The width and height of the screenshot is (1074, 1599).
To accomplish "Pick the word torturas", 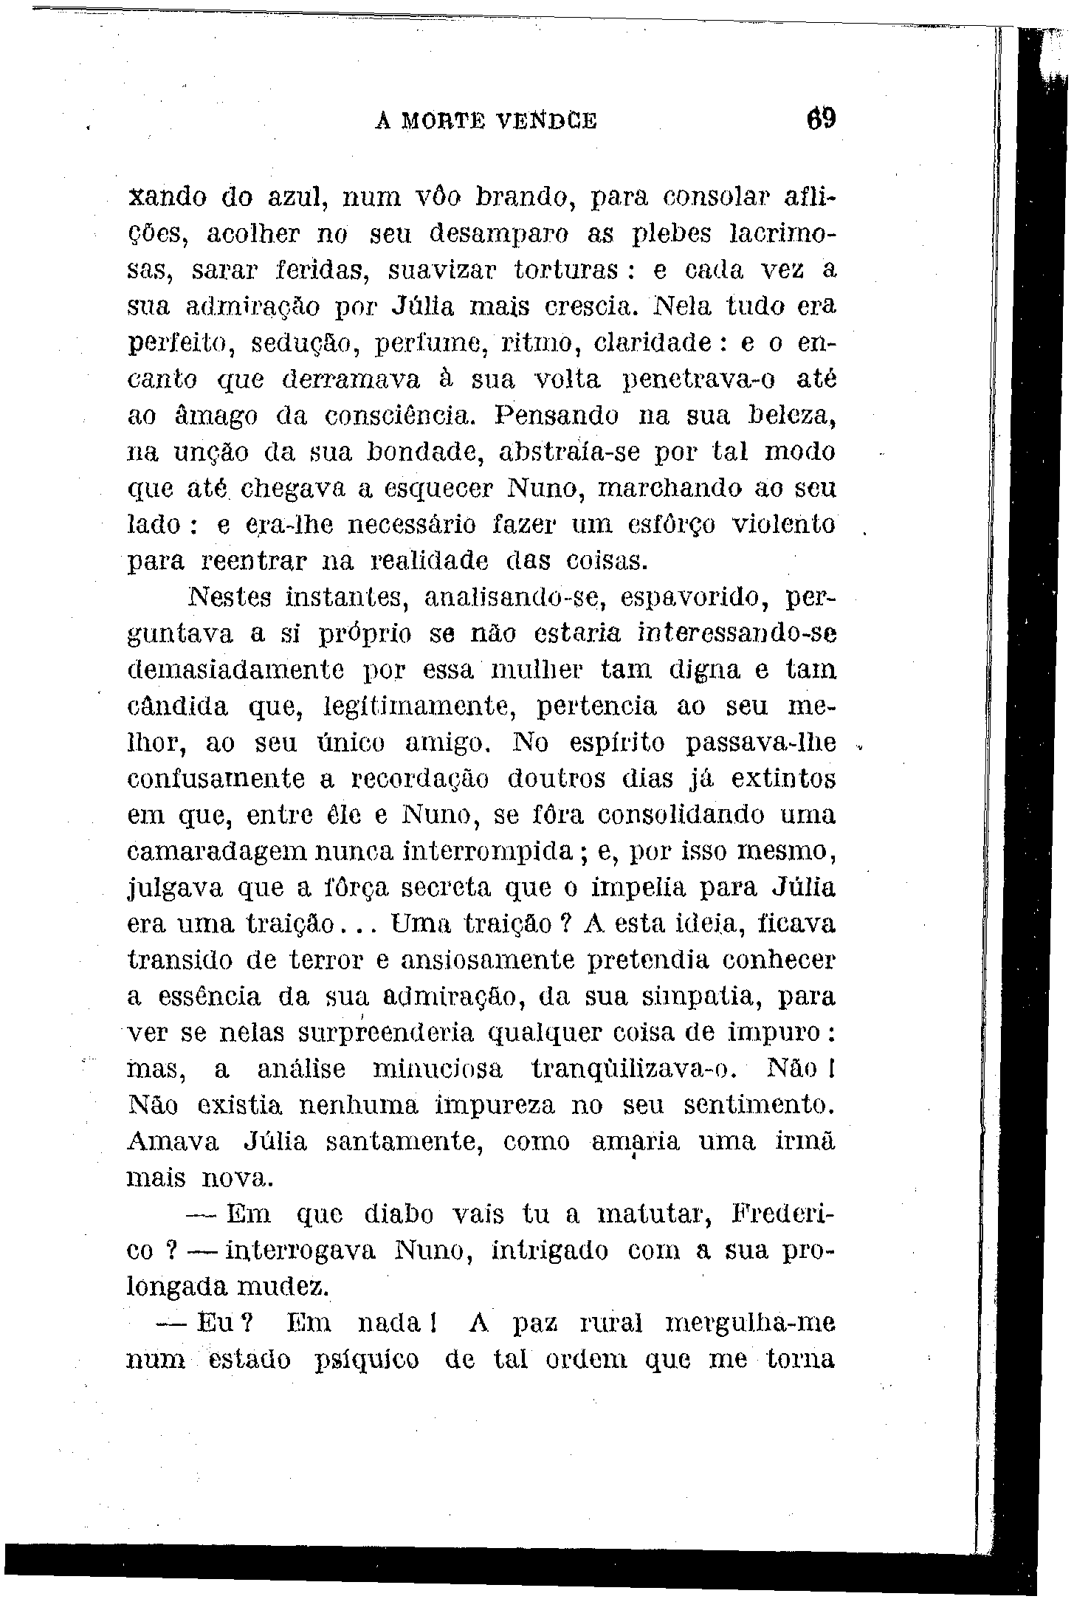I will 566,270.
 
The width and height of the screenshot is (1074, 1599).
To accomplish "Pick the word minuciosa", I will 438,1070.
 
